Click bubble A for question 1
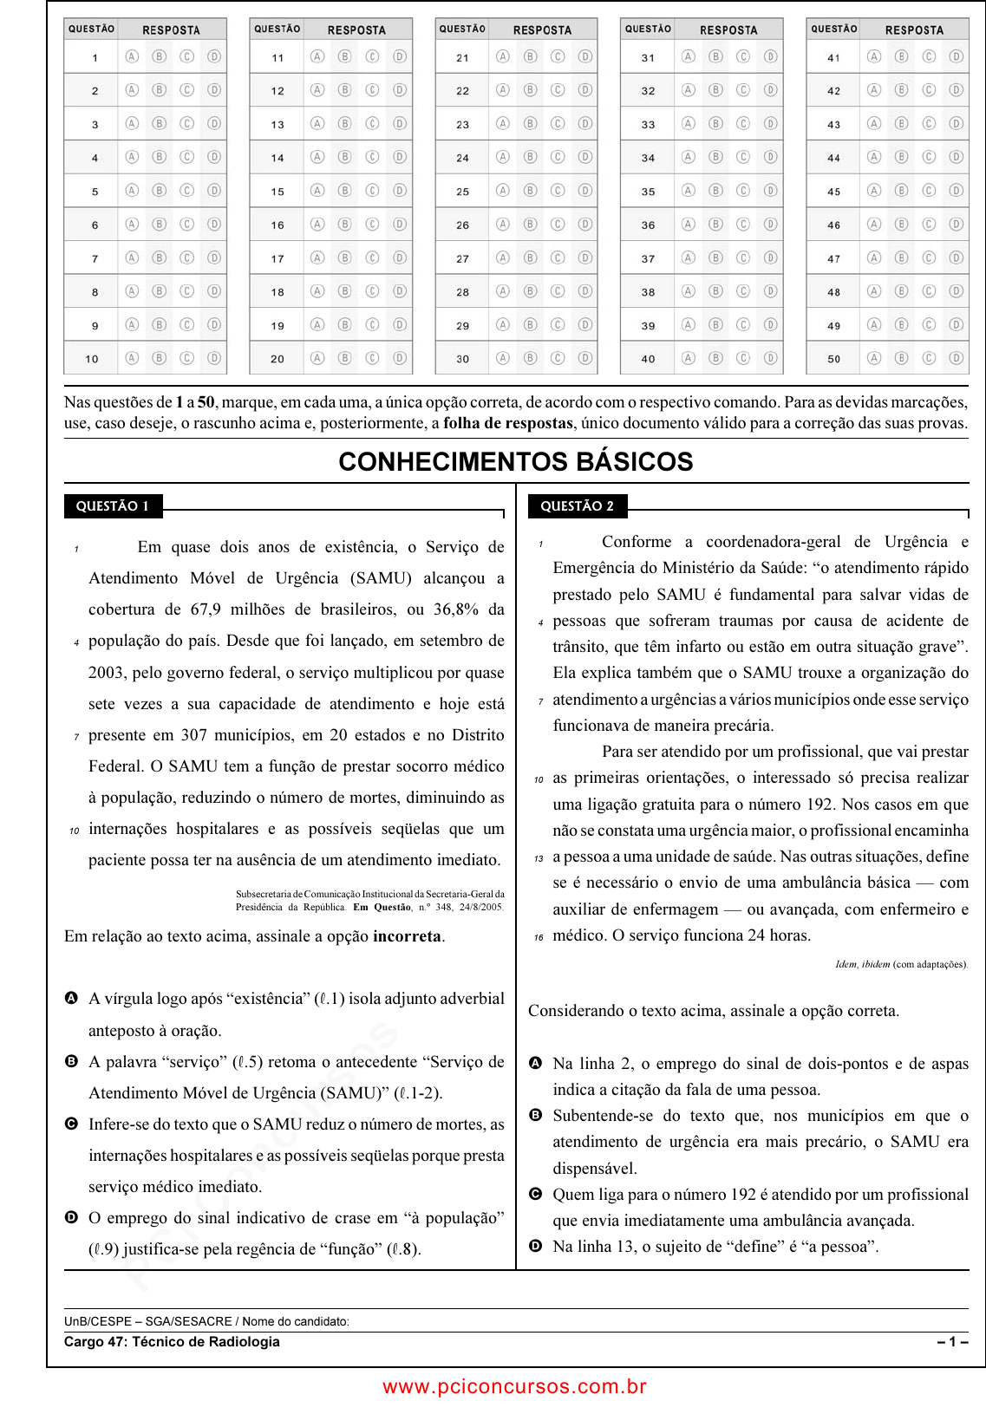pyautogui.click(x=132, y=57)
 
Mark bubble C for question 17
pyautogui.click(x=372, y=257)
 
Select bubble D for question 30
pyautogui.click(x=585, y=358)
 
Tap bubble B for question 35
pyautogui.click(x=715, y=191)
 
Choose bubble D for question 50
pyautogui.click(x=956, y=358)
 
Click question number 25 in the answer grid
pyautogui.click(x=462, y=192)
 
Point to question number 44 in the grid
pyautogui.click(x=833, y=158)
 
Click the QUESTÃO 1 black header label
pyautogui.click(x=113, y=506)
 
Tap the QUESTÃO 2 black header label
pyautogui.click(x=577, y=506)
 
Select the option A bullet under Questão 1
pyautogui.click(x=71, y=999)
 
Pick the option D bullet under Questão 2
pyautogui.click(x=536, y=1246)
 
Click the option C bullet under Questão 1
pyautogui.click(x=71, y=1124)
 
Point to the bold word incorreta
pyautogui.click(x=407, y=936)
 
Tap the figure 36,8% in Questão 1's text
pyautogui.click(x=456, y=609)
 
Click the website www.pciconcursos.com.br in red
pyautogui.click(x=514, y=1386)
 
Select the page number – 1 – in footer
pyautogui.click(x=952, y=1342)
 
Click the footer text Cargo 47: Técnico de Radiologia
pyautogui.click(x=172, y=1342)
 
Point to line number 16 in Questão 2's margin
pyautogui.click(x=539, y=937)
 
